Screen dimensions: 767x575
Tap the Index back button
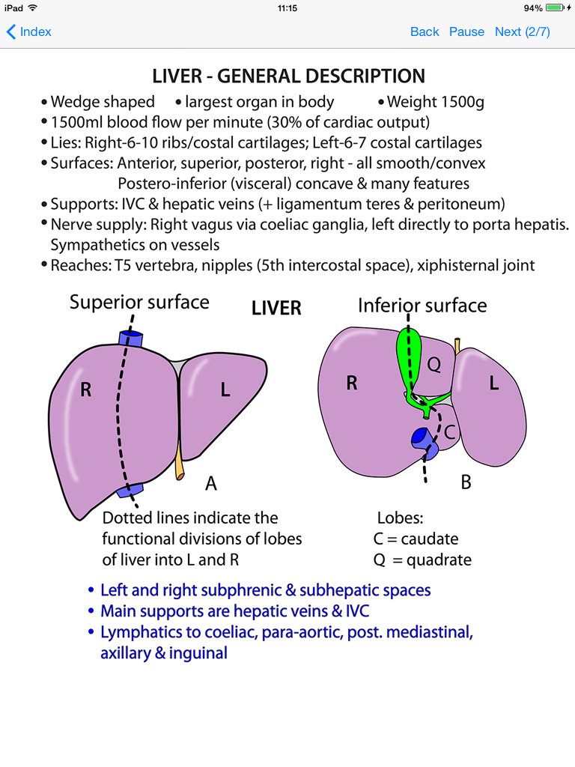tap(29, 31)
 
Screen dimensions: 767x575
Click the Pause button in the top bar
tap(466, 31)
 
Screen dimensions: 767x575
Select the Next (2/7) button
tap(522, 31)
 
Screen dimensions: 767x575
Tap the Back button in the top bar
tap(425, 31)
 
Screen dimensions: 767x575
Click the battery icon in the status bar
tap(554, 8)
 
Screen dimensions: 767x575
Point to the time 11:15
tap(287, 8)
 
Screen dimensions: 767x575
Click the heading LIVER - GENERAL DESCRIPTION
tap(288, 76)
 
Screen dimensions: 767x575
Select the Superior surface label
tap(139, 303)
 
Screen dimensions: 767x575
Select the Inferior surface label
tap(422, 306)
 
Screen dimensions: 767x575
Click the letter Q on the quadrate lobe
tap(434, 364)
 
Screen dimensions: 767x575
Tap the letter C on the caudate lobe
tap(450, 432)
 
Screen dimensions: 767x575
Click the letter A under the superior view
tap(211, 485)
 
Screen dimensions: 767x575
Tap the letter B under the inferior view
tap(466, 483)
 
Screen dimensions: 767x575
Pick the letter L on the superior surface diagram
tap(225, 390)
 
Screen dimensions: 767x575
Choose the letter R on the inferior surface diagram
tap(352, 383)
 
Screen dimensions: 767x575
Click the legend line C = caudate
tap(416, 539)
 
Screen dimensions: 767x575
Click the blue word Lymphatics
tap(139, 632)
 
